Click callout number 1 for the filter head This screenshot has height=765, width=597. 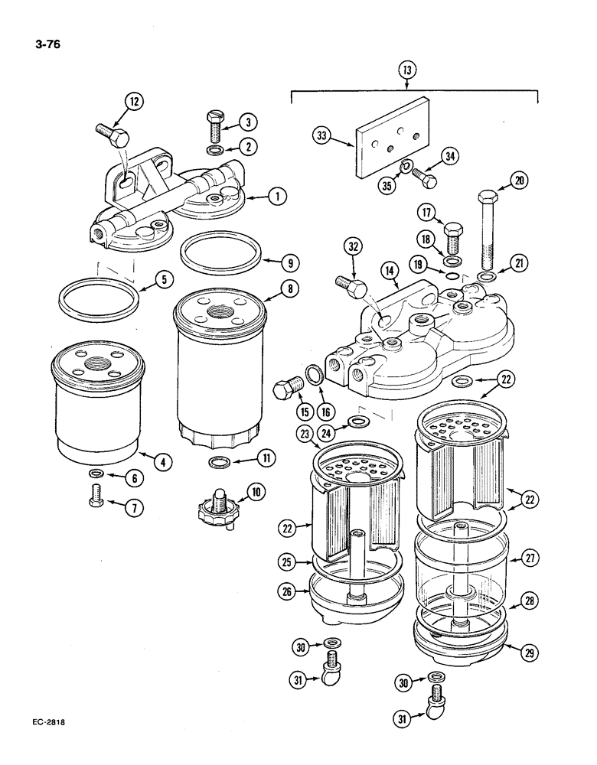[x=276, y=197]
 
